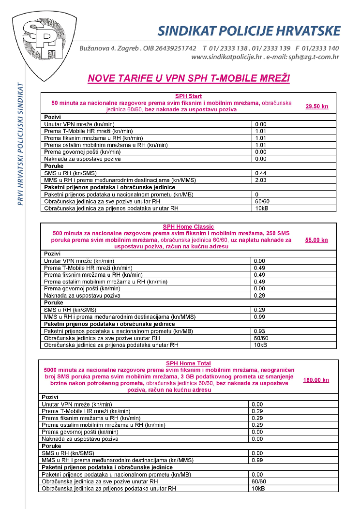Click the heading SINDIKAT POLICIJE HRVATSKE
[249, 31]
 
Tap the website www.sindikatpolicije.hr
[226, 57]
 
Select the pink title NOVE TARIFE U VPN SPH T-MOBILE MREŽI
[189, 78]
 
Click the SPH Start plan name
[189, 96]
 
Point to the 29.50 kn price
[316, 106]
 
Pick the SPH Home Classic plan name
[189, 227]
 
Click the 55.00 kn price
[316, 240]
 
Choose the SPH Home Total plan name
[188, 363]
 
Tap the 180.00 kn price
[316, 380]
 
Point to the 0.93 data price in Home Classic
[260, 330]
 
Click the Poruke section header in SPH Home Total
[52, 446]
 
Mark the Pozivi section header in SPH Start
[53, 117]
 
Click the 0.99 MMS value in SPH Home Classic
[260, 316]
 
